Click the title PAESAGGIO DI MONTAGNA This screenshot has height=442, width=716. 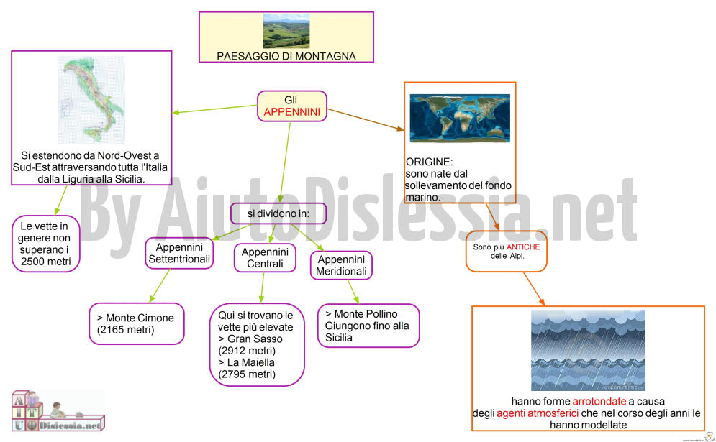(286, 56)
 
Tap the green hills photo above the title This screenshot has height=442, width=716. (286, 31)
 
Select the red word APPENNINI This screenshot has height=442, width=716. (291, 112)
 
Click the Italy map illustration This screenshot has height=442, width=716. (91, 100)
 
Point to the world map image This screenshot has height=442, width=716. (460, 118)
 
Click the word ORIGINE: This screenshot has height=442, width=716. (429, 162)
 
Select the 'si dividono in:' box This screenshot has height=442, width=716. (278, 213)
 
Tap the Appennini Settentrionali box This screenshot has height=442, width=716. (179, 253)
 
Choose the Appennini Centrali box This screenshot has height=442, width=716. (265, 258)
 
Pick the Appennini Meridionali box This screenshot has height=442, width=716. (341, 265)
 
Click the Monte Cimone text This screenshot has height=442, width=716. (135, 324)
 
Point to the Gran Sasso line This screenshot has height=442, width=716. (250, 339)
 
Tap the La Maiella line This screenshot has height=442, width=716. (247, 363)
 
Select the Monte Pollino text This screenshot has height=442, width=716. (361, 314)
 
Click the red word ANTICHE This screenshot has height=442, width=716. (523, 247)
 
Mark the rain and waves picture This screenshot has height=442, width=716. (588, 351)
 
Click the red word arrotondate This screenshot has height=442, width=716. (599, 402)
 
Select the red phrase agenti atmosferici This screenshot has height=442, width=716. (538, 413)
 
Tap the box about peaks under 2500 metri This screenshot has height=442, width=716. (45, 244)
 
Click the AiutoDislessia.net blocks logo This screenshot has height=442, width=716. (58, 410)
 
